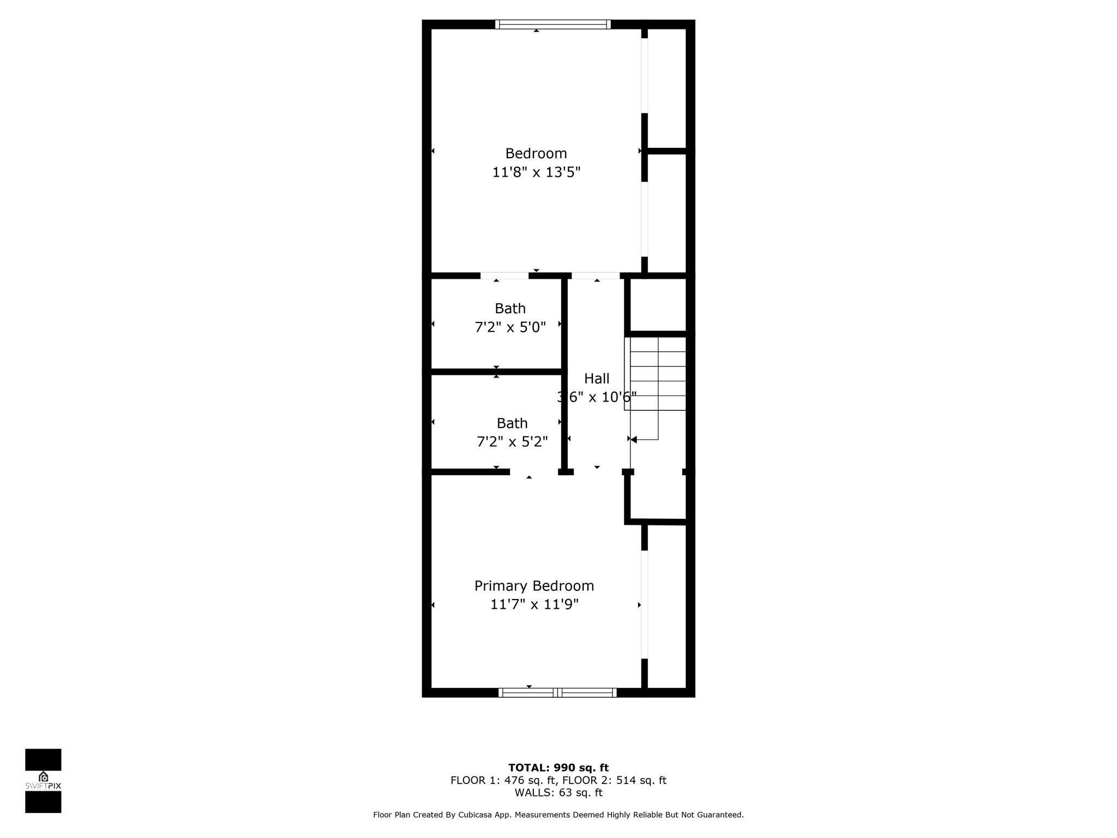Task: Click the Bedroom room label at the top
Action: [x=536, y=154]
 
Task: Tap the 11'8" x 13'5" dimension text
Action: [x=536, y=172]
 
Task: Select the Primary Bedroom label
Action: [x=534, y=586]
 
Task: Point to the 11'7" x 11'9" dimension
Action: [x=534, y=604]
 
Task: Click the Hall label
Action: [x=597, y=379]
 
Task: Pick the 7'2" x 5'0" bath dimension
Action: [x=510, y=327]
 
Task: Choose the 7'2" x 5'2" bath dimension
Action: [x=512, y=442]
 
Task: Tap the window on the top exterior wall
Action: [x=553, y=24]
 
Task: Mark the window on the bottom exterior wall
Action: [x=557, y=692]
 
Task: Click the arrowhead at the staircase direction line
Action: [x=634, y=439]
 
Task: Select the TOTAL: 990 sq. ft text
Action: [x=558, y=768]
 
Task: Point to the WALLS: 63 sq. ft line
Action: [x=558, y=793]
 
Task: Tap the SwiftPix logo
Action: [x=43, y=781]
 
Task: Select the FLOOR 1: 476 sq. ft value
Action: [x=503, y=781]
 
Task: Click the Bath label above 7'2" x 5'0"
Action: [x=510, y=309]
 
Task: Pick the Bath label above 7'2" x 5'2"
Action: [x=512, y=423]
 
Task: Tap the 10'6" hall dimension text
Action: [x=618, y=397]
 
